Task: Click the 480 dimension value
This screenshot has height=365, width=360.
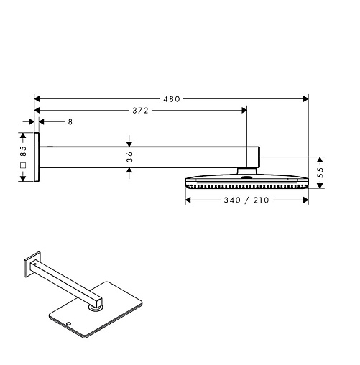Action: click(x=172, y=99)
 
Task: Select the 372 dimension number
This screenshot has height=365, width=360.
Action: click(x=141, y=111)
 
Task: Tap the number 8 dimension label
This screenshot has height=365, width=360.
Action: click(x=70, y=122)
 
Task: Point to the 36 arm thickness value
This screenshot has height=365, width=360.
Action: click(x=129, y=157)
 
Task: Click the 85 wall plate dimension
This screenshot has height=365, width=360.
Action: click(x=23, y=151)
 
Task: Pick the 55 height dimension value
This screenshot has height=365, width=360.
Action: click(x=321, y=172)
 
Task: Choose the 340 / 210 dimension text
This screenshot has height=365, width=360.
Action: click(x=246, y=200)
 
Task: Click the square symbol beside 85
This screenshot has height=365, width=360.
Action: click(x=24, y=165)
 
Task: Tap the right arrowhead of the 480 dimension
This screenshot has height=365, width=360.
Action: click(x=305, y=98)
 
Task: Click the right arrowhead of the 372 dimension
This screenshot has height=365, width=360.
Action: click(x=244, y=110)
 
